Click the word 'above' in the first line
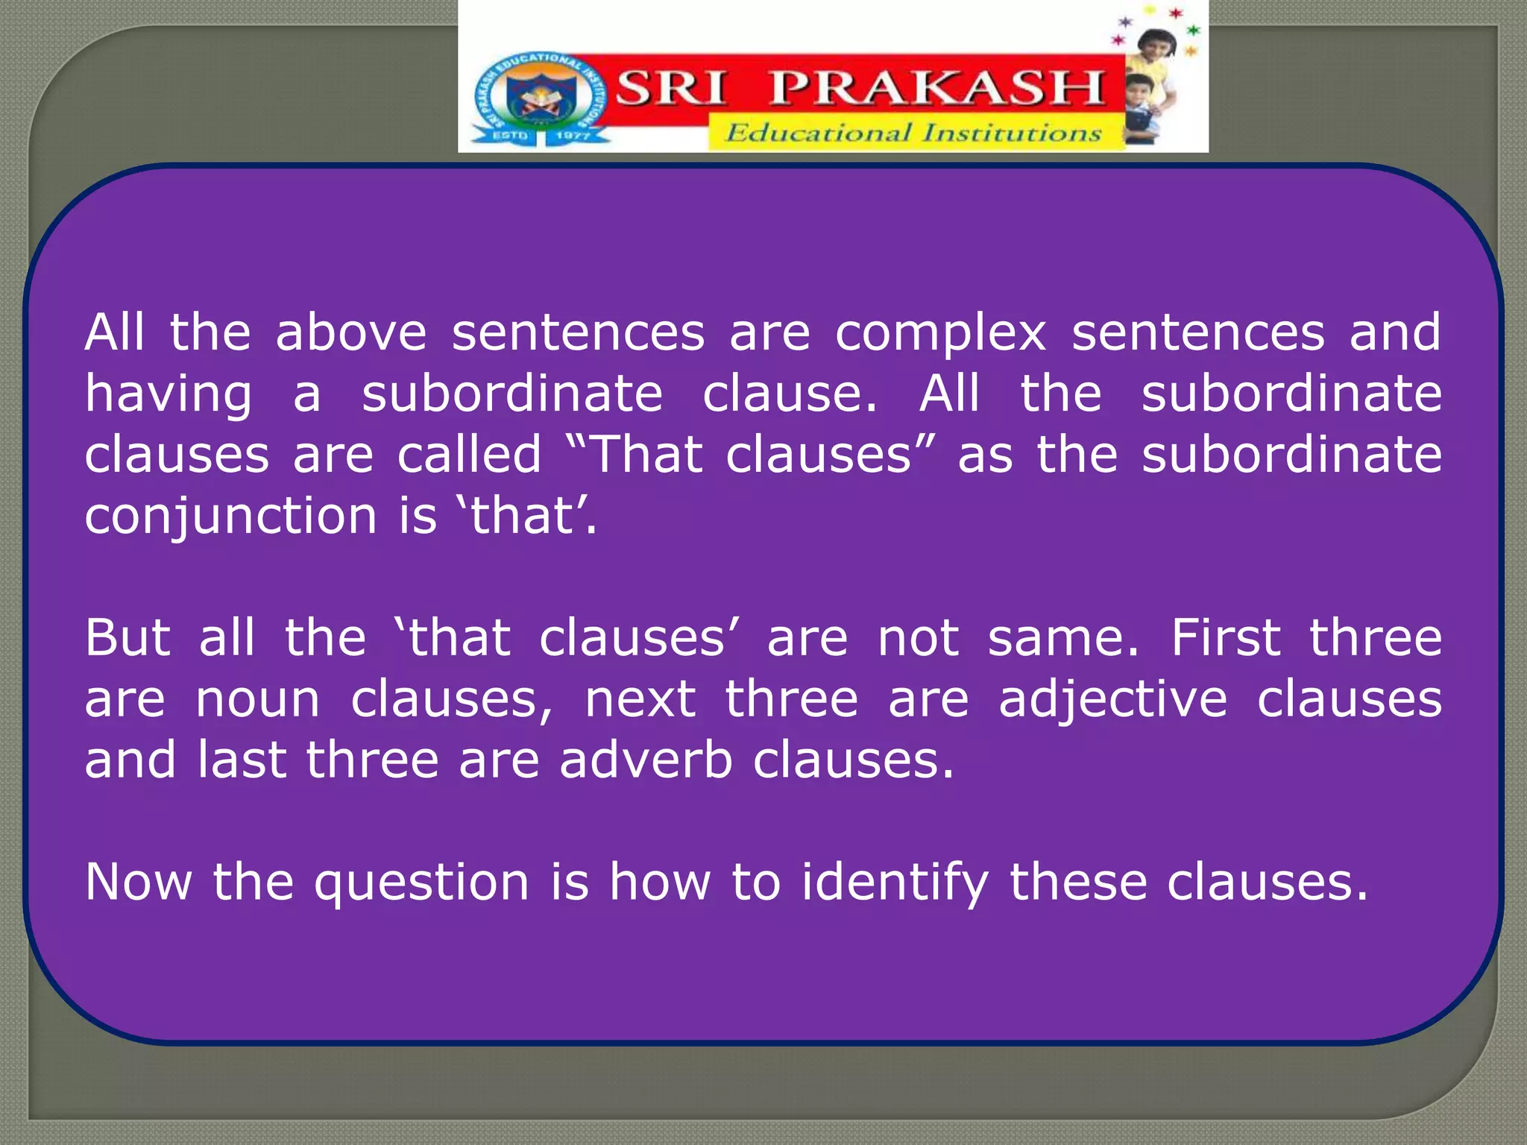(351, 332)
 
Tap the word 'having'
(169, 395)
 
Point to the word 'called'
(469, 455)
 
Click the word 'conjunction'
(230, 517)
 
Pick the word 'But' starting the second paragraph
(127, 638)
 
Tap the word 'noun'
(258, 701)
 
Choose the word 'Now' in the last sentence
(139, 883)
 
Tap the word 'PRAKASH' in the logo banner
(936, 88)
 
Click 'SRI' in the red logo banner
(670, 88)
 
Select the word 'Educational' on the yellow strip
(818, 133)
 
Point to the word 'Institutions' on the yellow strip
(1012, 133)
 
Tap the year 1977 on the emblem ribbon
(573, 136)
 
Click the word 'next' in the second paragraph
(640, 701)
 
